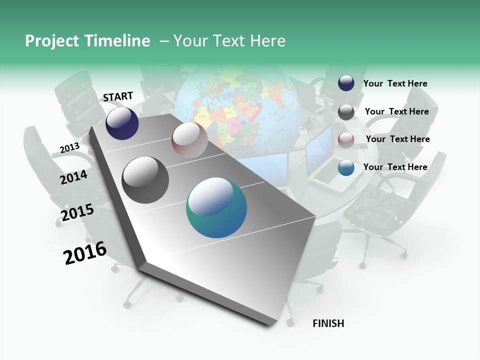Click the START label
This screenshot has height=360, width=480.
[x=118, y=96]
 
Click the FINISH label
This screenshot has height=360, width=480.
[x=328, y=323]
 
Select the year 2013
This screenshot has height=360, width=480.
[x=69, y=148]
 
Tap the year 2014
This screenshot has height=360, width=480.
[x=73, y=177]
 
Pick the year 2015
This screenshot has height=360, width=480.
[x=77, y=212]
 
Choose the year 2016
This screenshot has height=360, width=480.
[x=85, y=253]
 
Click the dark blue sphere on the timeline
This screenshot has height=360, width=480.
[x=122, y=123]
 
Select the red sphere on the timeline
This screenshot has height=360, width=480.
[x=189, y=140]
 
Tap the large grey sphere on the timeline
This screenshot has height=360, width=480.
[x=145, y=180]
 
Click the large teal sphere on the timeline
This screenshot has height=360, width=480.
[x=216, y=207]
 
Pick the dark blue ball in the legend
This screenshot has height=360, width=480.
[x=346, y=83]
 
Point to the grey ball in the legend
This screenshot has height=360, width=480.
[x=346, y=112]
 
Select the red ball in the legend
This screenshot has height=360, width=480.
[x=346, y=140]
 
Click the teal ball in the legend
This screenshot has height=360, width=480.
[x=346, y=167]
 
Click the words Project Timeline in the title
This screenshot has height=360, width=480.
[x=87, y=41]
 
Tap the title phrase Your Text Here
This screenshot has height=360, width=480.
[x=229, y=41]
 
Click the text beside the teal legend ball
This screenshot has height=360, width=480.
[x=395, y=167]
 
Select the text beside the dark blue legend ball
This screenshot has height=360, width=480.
[x=395, y=83]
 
